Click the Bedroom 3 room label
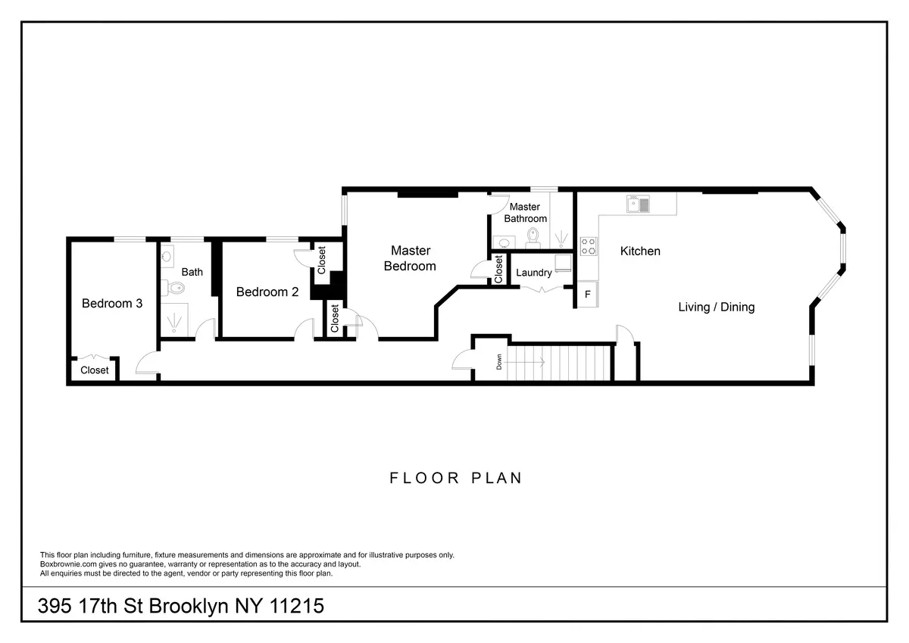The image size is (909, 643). pyautogui.click(x=112, y=304)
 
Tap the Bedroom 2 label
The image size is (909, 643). pyautogui.click(x=267, y=292)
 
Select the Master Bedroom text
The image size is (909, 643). pyautogui.click(x=410, y=258)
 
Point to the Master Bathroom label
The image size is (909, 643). pyautogui.click(x=527, y=213)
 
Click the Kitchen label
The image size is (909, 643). pyautogui.click(x=640, y=251)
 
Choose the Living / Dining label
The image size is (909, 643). pyautogui.click(x=716, y=307)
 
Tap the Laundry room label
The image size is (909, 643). pyautogui.click(x=533, y=273)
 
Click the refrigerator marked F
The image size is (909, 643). pyautogui.click(x=587, y=294)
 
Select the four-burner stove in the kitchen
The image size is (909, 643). pyautogui.click(x=588, y=245)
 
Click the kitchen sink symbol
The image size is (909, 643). pyautogui.click(x=638, y=204)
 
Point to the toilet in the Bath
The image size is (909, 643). pyautogui.click(x=173, y=288)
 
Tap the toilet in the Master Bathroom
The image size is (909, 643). pyautogui.click(x=533, y=238)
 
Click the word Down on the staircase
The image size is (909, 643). pyautogui.click(x=499, y=362)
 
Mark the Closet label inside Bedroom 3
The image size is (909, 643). pyautogui.click(x=95, y=370)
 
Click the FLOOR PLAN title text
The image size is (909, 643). pyautogui.click(x=456, y=478)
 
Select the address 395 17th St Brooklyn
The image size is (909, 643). pyautogui.click(x=182, y=606)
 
